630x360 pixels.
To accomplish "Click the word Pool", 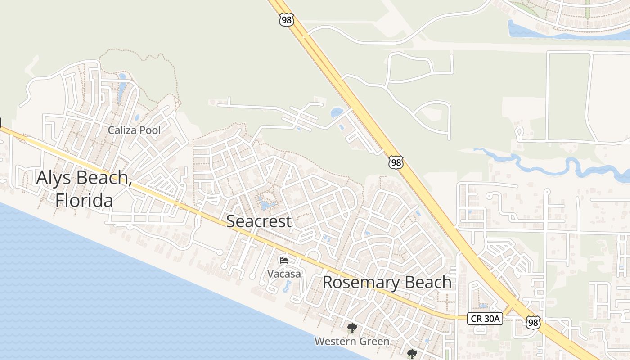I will click(x=148, y=130).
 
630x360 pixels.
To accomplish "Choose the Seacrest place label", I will click(x=259, y=221).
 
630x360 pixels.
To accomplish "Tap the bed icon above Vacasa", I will click(x=283, y=260).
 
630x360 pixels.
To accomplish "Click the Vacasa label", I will click(x=284, y=273).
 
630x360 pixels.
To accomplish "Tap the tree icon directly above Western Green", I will click(x=352, y=328).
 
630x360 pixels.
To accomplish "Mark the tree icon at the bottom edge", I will click(x=411, y=354).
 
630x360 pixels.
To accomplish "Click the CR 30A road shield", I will click(x=484, y=319).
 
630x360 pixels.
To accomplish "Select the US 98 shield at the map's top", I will click(x=286, y=19).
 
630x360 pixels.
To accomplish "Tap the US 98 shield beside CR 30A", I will click(x=533, y=322).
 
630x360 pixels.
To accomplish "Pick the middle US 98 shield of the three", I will click(x=396, y=162).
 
